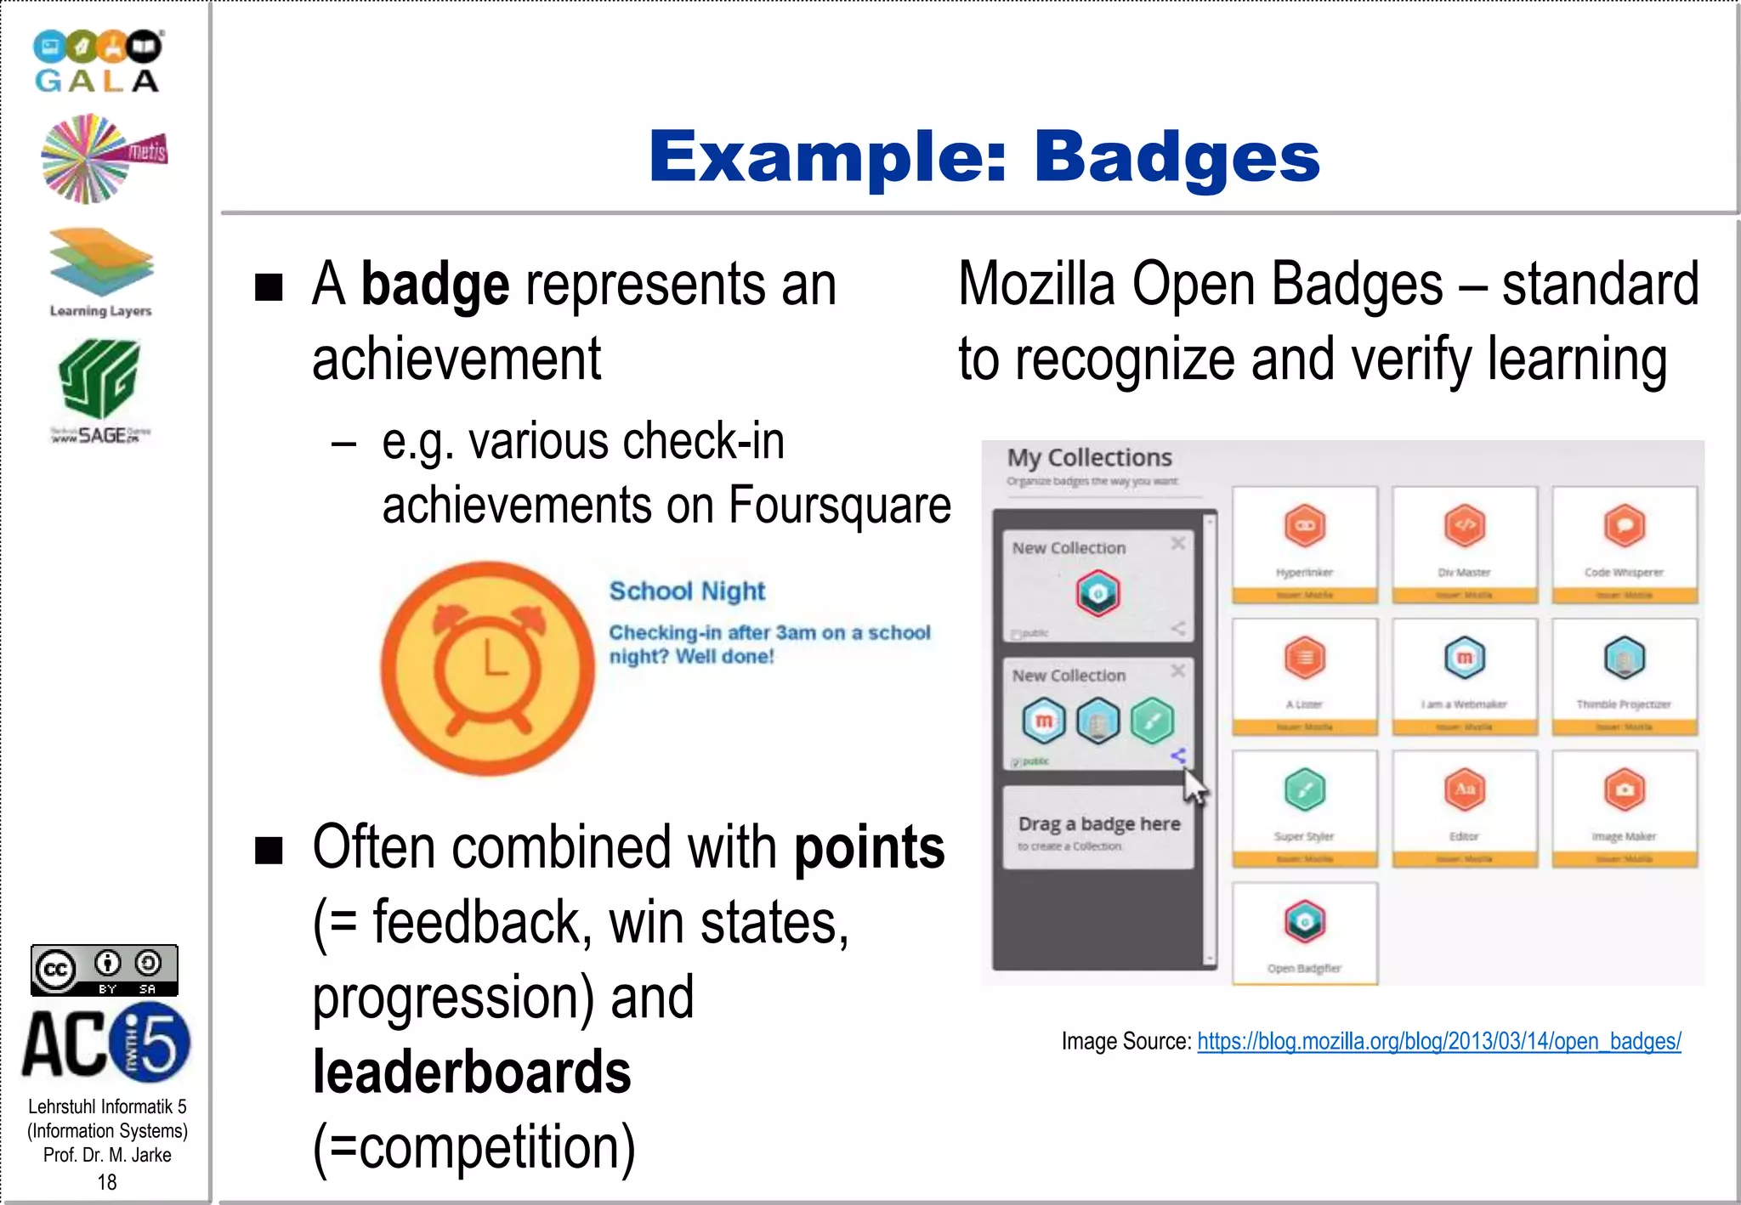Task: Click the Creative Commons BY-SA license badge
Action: pos(105,970)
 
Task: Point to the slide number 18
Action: pos(107,1182)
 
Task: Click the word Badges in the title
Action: pos(1177,157)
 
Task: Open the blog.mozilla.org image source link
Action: pos(1438,1041)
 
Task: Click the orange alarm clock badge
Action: pos(487,668)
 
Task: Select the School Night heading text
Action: pos(687,591)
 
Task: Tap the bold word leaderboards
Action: pos(472,1072)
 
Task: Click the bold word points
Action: pos(869,847)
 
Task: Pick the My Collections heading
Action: pos(1089,458)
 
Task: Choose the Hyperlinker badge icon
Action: pos(1305,526)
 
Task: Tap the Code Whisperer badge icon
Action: pos(1624,526)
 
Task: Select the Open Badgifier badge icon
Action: pos(1305,922)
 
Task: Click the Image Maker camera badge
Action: pos(1624,789)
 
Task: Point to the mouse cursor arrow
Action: pos(1194,787)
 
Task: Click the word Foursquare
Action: pos(839,506)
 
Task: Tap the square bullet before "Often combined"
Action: pos(269,849)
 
